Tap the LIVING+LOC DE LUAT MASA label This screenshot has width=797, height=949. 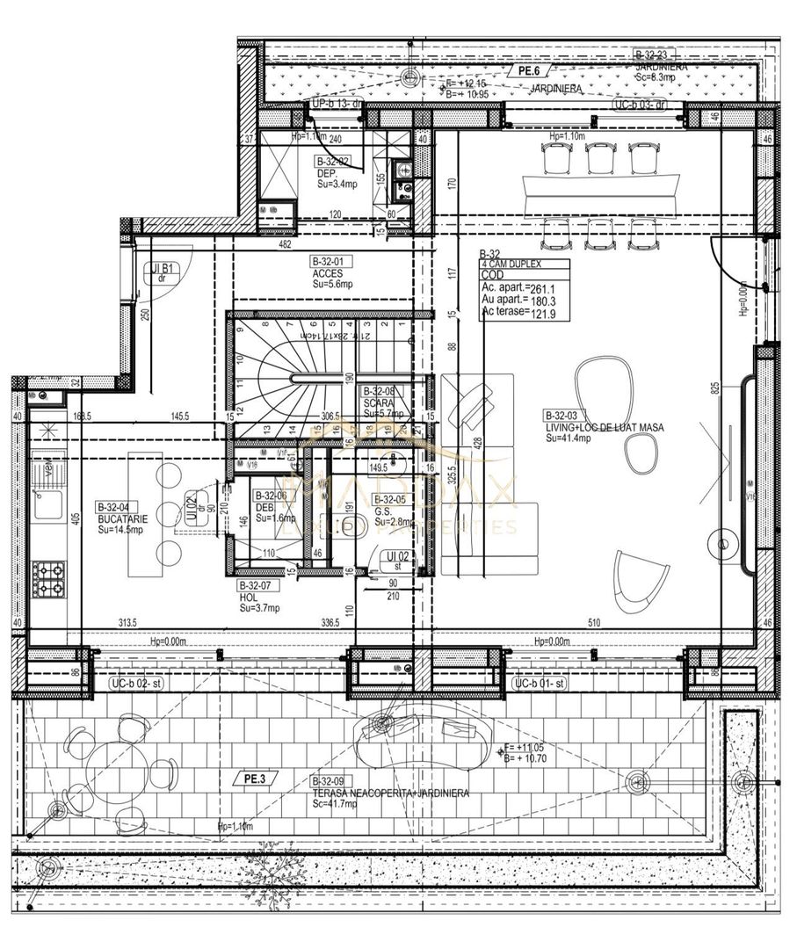coord(604,428)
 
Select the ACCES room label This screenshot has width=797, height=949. coord(326,273)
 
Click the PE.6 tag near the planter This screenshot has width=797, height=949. coord(528,70)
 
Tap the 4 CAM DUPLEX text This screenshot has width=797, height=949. coord(512,264)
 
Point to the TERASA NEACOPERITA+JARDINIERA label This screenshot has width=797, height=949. coord(389,793)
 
